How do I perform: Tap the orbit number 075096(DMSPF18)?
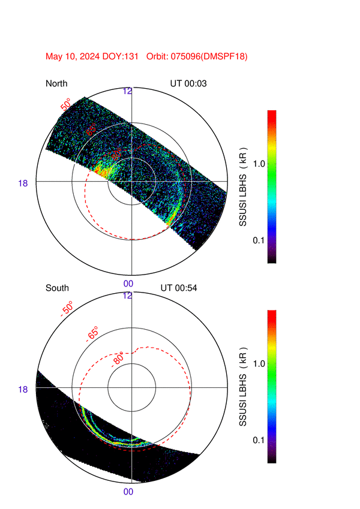(211, 56)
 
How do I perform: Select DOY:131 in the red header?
(122, 56)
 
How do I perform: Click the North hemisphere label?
(56, 83)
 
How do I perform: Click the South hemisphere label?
(57, 288)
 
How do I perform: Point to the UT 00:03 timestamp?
(188, 83)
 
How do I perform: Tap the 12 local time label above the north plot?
(128, 91)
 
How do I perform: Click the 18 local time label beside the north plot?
(23, 183)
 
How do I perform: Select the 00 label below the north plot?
(128, 284)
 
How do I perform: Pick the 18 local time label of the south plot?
(23, 389)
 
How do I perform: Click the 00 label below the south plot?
(128, 492)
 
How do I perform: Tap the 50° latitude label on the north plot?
(65, 104)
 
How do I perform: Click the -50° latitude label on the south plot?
(67, 309)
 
